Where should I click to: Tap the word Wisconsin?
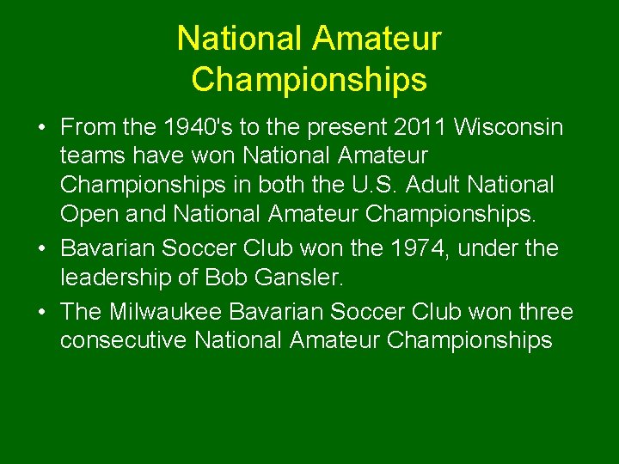(x=509, y=128)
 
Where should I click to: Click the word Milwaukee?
(x=175, y=312)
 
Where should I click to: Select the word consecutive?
(x=124, y=340)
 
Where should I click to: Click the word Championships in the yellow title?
(x=309, y=80)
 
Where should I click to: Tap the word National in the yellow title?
(x=240, y=39)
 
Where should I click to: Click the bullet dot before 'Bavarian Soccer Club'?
(x=41, y=249)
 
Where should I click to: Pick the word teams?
(x=90, y=156)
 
